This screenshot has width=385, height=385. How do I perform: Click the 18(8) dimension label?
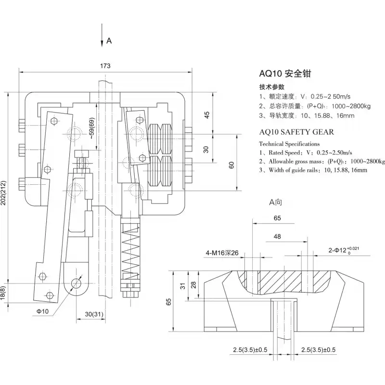pyautogui.click(x=4, y=294)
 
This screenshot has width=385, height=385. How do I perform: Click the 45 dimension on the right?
pyautogui.click(x=207, y=115)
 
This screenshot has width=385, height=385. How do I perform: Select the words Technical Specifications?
pyautogui.click(x=289, y=143)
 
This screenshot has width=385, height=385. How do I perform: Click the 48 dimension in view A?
pyautogui.click(x=278, y=237)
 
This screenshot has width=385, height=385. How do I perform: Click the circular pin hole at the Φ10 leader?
pyautogui.click(x=76, y=282)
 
